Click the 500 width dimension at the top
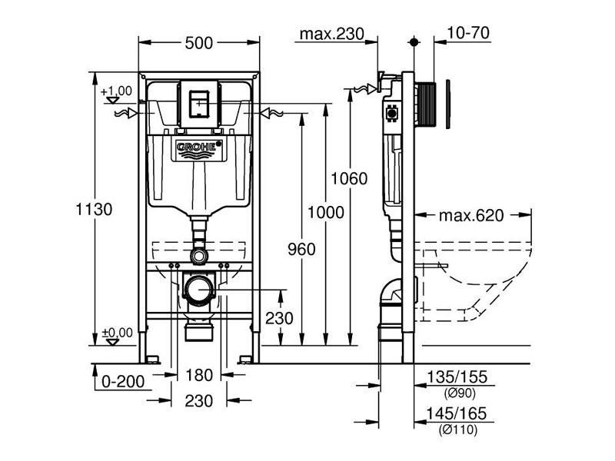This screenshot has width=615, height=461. [x=198, y=44]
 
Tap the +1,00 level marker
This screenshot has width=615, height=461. [x=117, y=91]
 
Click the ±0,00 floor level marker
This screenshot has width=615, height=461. [x=117, y=333]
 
